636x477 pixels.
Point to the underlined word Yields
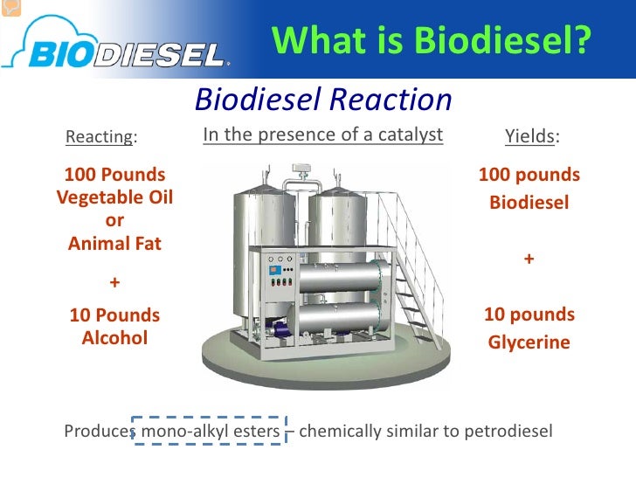[x=529, y=137]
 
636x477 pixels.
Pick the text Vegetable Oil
[x=114, y=197]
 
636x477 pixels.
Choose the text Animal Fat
[x=114, y=244]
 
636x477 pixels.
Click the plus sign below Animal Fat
[x=114, y=283]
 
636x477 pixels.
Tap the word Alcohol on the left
[x=114, y=337]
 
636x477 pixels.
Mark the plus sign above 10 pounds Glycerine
[x=529, y=259]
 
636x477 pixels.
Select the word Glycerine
[x=529, y=343]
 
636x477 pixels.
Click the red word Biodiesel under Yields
[x=529, y=204]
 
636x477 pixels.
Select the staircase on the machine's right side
[x=414, y=262]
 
